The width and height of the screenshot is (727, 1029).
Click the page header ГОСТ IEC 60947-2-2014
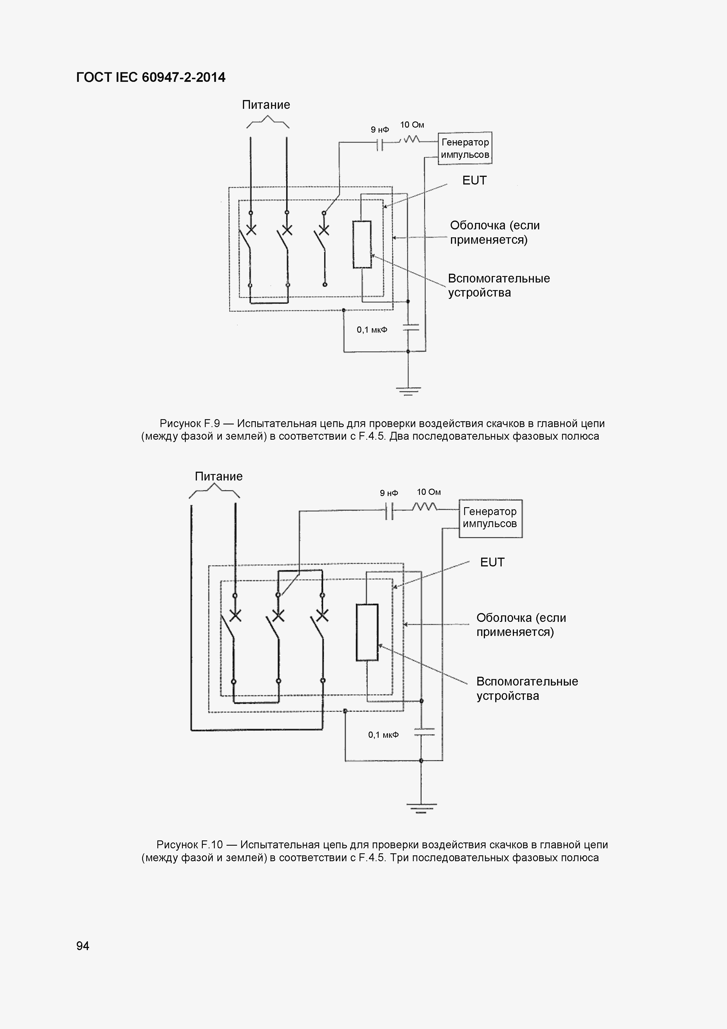click(151, 77)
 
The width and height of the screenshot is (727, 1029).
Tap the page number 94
click(83, 946)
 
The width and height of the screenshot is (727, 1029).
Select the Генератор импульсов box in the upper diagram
click(465, 148)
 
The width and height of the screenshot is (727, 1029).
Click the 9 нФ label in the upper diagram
click(379, 130)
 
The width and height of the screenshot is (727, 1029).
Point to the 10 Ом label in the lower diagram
click(428, 492)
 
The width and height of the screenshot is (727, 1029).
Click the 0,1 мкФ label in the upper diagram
click(372, 330)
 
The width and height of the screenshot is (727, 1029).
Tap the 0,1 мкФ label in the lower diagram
click(383, 735)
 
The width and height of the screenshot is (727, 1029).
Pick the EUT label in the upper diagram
click(474, 181)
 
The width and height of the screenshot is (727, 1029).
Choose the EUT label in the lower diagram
click(492, 562)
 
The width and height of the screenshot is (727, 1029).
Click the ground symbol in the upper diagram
click(408, 391)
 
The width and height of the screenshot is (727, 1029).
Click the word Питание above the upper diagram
click(266, 105)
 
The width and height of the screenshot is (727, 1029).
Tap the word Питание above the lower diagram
click(219, 476)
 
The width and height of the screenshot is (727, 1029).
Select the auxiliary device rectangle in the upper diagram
click(362, 245)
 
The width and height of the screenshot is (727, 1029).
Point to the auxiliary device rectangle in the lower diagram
click(367, 632)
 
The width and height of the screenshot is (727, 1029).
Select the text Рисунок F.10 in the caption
click(189, 845)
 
